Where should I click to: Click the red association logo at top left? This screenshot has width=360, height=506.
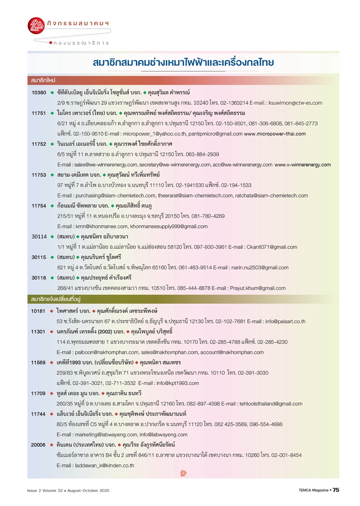[x=36, y=26]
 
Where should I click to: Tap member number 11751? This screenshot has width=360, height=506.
[x=39, y=113]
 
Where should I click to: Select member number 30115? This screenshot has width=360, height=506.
[x=39, y=258]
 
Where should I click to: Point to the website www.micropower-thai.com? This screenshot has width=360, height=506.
[x=274, y=134]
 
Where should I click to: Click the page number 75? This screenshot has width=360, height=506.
[x=336, y=490]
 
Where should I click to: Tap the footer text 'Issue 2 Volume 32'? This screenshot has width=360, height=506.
[x=45, y=491]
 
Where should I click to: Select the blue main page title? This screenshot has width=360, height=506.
[x=183, y=62]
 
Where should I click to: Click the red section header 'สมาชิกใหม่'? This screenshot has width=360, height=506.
[x=43, y=80]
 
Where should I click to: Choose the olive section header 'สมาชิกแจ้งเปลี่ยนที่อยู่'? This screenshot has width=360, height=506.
[x=55, y=299]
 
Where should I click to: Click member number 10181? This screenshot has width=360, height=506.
[x=38, y=311]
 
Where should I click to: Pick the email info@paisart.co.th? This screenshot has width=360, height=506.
[x=285, y=322]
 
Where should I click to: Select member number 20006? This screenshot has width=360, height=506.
[x=38, y=445]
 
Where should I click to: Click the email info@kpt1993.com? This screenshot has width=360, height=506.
[x=178, y=383]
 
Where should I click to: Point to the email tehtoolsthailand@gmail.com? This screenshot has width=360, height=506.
[x=271, y=404]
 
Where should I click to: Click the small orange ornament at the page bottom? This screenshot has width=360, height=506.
[x=183, y=473]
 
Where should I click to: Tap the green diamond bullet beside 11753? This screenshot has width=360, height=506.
[x=52, y=175]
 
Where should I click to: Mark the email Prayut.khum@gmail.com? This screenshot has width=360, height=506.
[x=258, y=288]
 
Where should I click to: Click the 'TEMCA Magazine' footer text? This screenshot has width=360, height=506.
[x=313, y=490]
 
